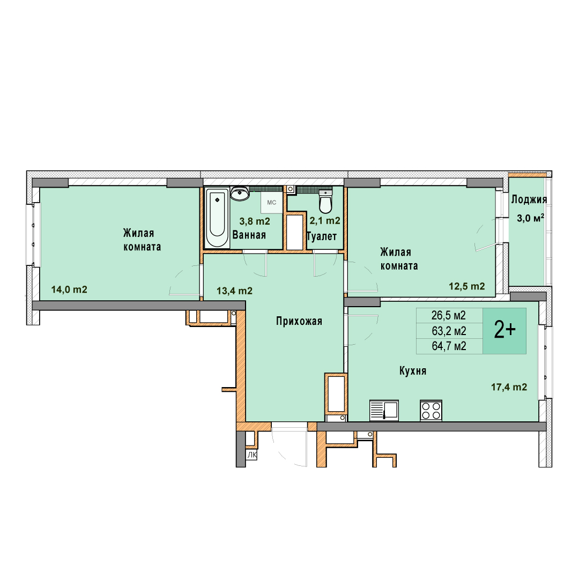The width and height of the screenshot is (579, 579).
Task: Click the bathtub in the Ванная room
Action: point(217,218)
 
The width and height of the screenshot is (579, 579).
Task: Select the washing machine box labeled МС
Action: point(272,202)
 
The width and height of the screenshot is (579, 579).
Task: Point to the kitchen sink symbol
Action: point(384,410)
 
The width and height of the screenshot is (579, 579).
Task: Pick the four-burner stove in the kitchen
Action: point(431,410)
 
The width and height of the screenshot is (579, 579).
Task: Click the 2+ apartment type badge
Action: point(504,331)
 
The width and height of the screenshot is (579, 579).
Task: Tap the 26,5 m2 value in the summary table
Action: point(449,315)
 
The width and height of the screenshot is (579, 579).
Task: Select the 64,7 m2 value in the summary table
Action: point(449,346)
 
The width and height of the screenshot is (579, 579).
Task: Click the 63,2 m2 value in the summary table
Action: point(449,331)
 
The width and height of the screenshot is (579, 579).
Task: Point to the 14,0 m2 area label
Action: point(69,289)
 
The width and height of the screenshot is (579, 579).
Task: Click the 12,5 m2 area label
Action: point(467,286)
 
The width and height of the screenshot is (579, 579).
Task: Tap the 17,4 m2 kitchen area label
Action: point(509,387)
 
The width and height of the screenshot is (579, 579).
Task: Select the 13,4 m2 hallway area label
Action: point(234,291)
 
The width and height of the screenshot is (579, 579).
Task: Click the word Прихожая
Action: point(299,321)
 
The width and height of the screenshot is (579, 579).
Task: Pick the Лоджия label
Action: point(529,200)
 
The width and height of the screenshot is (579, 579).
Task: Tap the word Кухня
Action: point(413,371)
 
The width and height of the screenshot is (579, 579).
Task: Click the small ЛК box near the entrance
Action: point(252,455)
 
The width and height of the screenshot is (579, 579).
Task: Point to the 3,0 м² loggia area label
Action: point(530,218)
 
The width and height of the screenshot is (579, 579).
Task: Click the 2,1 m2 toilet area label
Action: point(325,220)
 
